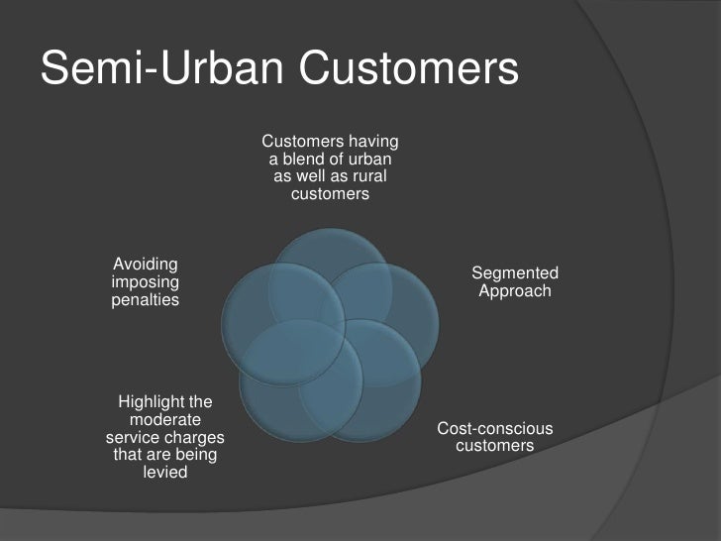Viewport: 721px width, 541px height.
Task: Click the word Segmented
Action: point(515,273)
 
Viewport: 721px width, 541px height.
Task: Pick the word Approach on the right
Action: point(515,291)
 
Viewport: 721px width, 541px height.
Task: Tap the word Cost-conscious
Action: point(495,428)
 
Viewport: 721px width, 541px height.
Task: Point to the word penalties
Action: point(146,299)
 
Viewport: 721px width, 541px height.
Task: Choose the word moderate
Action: point(165,420)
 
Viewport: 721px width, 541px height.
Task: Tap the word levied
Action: point(165,473)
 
